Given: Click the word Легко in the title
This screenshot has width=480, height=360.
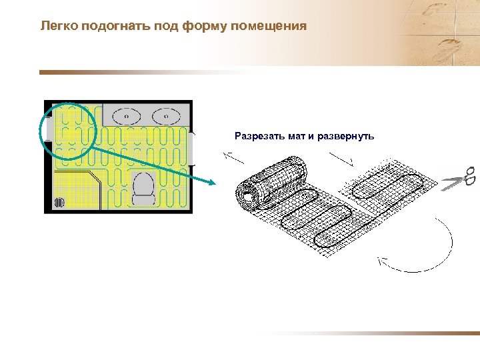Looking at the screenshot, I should (x=58, y=27).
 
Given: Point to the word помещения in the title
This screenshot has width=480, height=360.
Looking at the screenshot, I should (x=268, y=27).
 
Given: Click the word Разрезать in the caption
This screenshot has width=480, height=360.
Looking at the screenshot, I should (x=260, y=136).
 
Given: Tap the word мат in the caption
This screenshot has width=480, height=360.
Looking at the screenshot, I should (x=297, y=136).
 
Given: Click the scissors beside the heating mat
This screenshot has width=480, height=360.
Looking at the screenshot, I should (x=459, y=178).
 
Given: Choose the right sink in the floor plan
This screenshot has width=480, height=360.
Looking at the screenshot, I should (x=165, y=115).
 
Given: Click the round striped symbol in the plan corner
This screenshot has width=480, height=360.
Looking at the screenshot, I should (x=59, y=201).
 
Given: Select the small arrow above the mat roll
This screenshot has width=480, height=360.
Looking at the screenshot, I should (x=233, y=157).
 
